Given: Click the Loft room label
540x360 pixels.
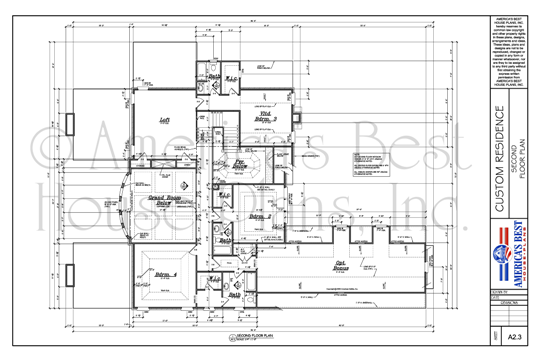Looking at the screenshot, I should pos(165,117).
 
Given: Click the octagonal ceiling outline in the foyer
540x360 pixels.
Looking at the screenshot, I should pos(244,164).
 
